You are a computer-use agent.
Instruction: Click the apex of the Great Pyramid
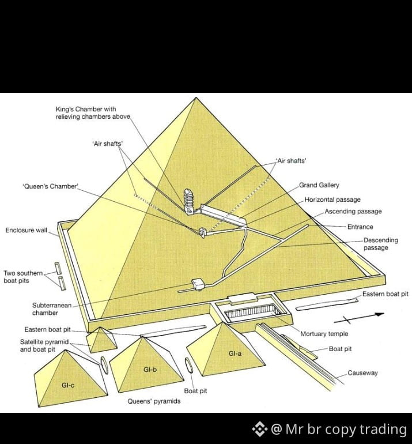196,97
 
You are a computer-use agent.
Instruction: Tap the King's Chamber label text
93,112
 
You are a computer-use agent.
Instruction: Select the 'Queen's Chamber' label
50,186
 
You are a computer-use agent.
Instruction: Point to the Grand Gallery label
319,185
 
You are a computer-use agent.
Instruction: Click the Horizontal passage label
332,200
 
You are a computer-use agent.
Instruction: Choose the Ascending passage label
353,211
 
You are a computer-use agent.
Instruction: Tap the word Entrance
360,227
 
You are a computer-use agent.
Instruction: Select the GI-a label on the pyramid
235,353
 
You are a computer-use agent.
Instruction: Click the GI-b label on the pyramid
150,370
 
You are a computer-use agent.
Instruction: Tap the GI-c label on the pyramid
68,385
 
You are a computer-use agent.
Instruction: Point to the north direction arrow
359,318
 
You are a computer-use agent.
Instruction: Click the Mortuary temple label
324,334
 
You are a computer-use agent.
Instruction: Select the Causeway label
362,373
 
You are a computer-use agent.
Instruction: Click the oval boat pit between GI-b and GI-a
189,364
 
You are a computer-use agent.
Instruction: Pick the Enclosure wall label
26,230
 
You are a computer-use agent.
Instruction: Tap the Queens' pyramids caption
154,401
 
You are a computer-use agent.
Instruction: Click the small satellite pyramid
101,340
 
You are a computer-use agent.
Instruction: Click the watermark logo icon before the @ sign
260,429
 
